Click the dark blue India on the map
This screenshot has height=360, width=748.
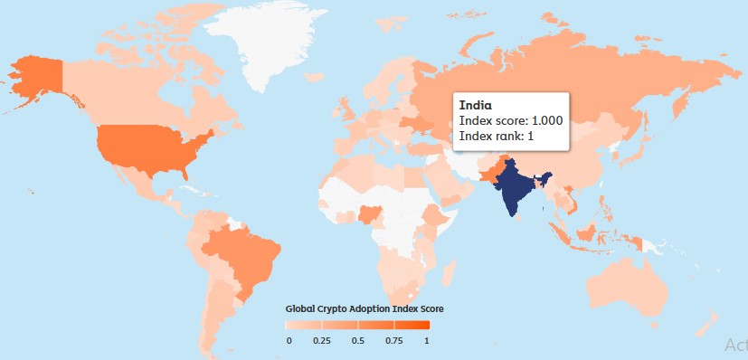tap(516, 185)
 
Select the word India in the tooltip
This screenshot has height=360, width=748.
tap(475, 106)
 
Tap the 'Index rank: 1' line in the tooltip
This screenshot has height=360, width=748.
tap(497, 136)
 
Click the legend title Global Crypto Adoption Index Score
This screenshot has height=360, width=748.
tap(364, 308)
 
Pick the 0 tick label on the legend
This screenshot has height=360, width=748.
tap(289, 340)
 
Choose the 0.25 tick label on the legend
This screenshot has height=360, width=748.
tap(321, 340)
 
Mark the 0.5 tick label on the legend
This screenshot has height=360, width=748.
tap(357, 340)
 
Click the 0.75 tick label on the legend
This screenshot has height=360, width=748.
tap(393, 340)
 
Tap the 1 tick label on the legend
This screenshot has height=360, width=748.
tap(426, 340)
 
